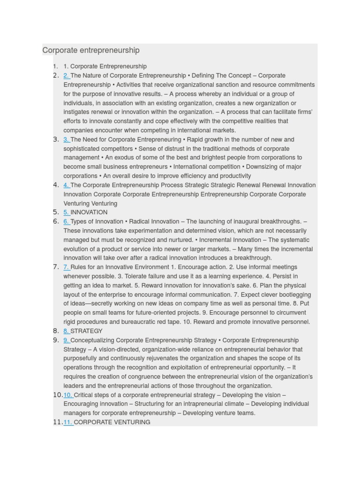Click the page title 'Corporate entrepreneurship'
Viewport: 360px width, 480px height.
point(91,50)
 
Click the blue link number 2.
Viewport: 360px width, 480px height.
point(66,75)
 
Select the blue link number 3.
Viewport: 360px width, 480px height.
point(66,139)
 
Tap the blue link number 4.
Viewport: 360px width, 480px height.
point(66,185)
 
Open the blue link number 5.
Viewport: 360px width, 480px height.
point(66,212)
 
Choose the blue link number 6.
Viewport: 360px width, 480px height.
point(66,221)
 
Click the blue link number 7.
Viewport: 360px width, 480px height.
point(66,267)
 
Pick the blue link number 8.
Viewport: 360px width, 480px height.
point(66,331)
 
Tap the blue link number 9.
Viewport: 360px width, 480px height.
point(66,340)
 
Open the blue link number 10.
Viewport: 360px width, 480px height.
point(68,395)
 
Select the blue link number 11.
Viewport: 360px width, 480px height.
point(68,422)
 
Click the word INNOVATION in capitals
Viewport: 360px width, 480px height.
point(89,212)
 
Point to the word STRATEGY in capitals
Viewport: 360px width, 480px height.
point(86,331)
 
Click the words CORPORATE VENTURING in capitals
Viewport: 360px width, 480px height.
point(112,422)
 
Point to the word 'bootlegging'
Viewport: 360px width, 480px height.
point(293,294)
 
